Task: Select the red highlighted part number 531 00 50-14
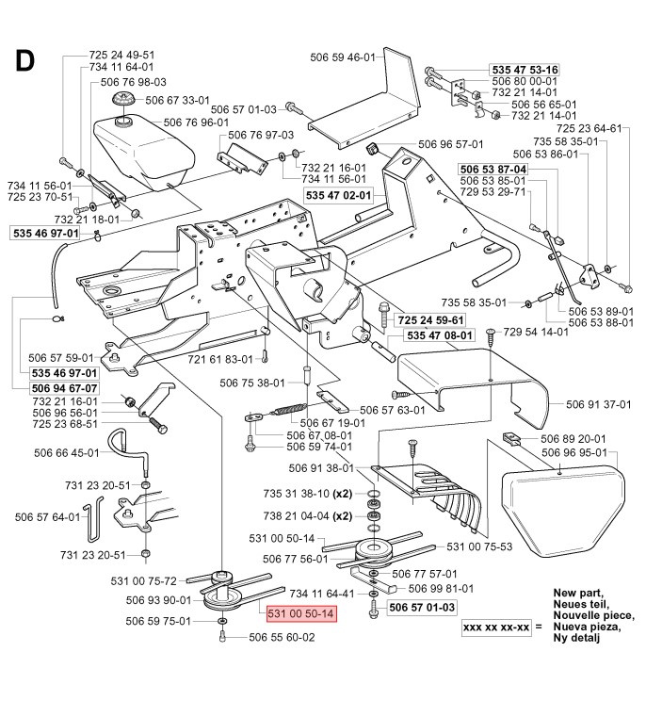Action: (x=300, y=613)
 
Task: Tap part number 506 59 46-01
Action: (x=342, y=57)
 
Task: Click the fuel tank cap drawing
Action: (x=121, y=101)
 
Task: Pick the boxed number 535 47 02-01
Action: (x=339, y=194)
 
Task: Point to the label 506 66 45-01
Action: (x=71, y=452)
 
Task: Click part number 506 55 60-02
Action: (x=282, y=638)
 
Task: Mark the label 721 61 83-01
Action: (x=219, y=359)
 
